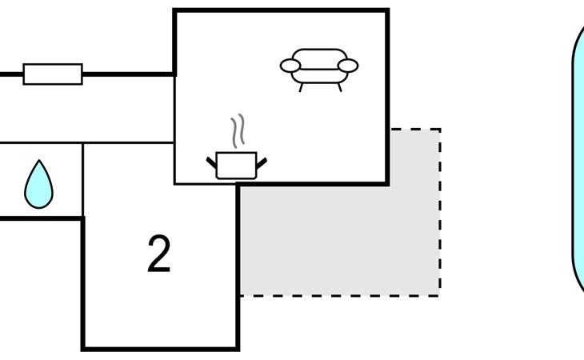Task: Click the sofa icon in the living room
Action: coord(318,67)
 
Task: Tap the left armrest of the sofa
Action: coord(290,66)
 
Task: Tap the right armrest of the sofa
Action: coord(348,66)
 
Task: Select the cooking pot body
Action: coord(236,166)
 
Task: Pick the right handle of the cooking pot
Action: coord(261,163)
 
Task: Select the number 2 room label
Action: coord(159,255)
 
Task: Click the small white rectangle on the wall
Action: coord(53,74)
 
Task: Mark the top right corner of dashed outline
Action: coord(439,129)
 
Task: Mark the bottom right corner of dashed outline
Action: coord(439,295)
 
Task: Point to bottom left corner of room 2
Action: coord(83,348)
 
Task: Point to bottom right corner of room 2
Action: coord(238,348)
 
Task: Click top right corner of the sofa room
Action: coord(387,10)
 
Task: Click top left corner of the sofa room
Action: coord(175,10)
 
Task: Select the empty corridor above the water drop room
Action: coord(88,109)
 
